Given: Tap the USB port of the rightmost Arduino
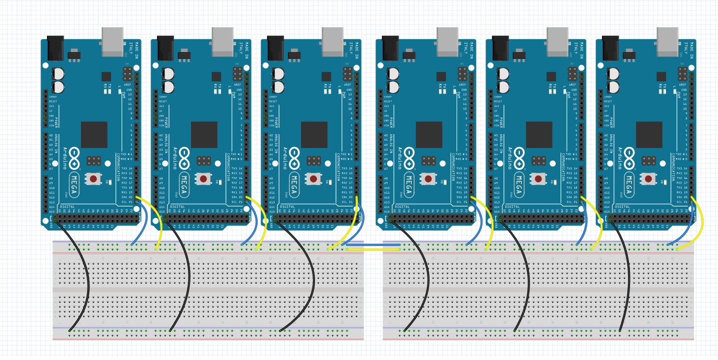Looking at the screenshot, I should coord(667,41).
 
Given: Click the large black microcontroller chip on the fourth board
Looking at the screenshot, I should coord(429,135).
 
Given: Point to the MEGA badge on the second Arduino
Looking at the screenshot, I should coord(184,184).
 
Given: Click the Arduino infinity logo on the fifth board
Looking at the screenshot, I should coord(520,157).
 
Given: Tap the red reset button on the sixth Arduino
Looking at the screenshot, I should coord(648,178).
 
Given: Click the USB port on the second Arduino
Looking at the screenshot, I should coord(222,41).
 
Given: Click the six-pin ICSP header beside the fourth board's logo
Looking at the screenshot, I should coord(428,161).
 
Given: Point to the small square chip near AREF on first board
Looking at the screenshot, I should coord(106,76).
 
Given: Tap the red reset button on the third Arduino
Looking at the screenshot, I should coord(313,178).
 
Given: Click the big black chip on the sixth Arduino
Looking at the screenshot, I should coord(649,135).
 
